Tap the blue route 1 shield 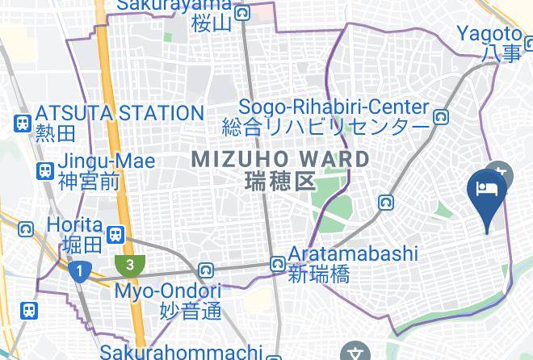pyautogui.click(x=78, y=272)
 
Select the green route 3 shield pyautogui.click(x=127, y=263)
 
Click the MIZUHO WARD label pyautogui.click(x=280, y=159)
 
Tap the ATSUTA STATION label pyautogui.click(x=119, y=113)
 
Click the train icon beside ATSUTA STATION pyautogui.click(x=22, y=123)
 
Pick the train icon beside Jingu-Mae pyautogui.click(x=44, y=170)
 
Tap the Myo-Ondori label pyautogui.click(x=168, y=290)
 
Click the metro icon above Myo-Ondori pyautogui.click(x=208, y=270)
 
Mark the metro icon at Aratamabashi pyautogui.click(x=278, y=264)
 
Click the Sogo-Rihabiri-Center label pyautogui.click(x=334, y=107)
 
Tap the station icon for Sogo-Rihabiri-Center pyautogui.click(x=441, y=117)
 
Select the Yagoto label pyautogui.click(x=489, y=34)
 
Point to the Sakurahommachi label pyautogui.click(x=182, y=352)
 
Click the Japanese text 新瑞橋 pyautogui.click(x=319, y=274)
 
